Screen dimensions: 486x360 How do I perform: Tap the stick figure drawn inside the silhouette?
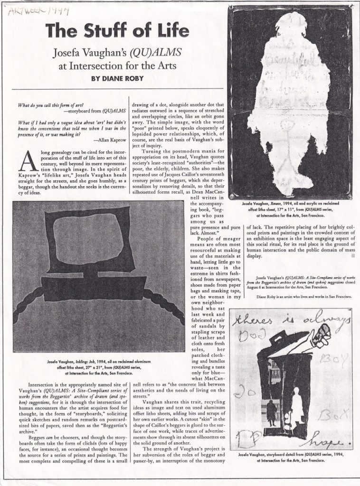(284, 142)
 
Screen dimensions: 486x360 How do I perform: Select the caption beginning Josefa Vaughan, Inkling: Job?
(98, 365)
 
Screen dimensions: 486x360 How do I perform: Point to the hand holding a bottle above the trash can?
(319, 335)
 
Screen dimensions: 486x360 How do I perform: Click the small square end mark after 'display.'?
(352, 255)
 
